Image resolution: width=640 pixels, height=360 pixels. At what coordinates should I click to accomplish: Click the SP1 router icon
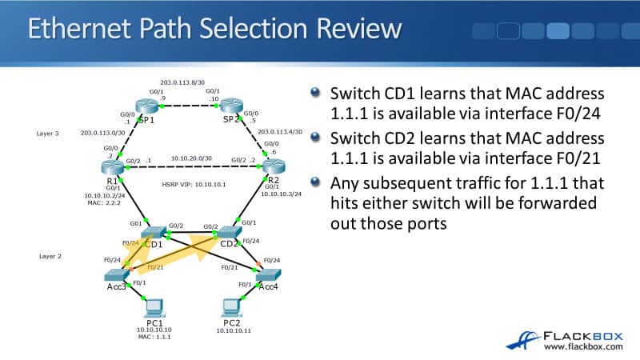(147, 106)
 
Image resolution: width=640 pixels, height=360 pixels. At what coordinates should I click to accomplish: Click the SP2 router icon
(232, 106)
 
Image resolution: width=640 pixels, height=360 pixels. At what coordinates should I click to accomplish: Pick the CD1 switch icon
(152, 232)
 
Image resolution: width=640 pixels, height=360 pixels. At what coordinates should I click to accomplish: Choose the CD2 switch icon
(229, 232)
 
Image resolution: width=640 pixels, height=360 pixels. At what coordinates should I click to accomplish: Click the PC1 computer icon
(152, 306)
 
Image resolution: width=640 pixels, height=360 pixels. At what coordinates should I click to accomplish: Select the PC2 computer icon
(232, 306)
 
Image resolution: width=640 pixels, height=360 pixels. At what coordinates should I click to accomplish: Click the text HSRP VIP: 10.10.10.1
(189, 185)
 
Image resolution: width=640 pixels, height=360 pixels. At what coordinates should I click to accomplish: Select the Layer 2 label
(48, 256)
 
